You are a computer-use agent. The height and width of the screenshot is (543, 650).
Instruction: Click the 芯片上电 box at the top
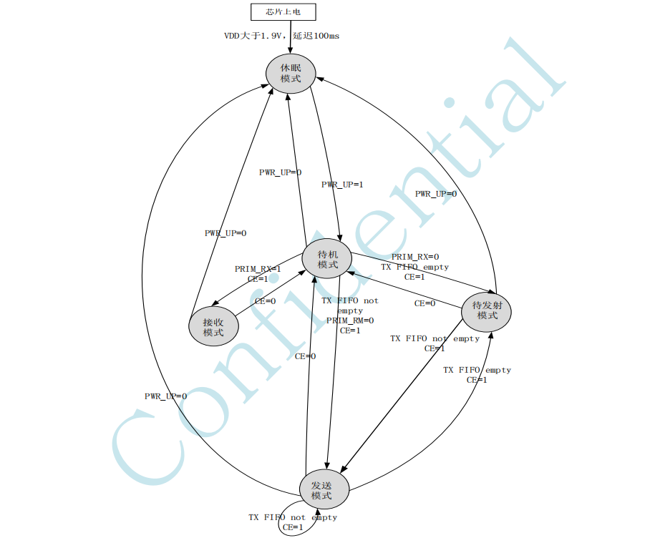283,12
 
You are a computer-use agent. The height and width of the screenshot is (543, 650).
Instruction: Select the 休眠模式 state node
290,73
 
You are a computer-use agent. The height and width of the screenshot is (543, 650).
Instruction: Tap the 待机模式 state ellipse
327,259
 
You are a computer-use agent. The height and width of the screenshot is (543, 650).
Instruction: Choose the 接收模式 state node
213,327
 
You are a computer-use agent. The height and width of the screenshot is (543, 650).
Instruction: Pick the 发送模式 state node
324,490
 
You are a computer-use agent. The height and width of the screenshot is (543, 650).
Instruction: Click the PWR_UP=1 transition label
342,185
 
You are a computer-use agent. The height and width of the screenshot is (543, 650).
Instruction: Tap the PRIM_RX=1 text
258,269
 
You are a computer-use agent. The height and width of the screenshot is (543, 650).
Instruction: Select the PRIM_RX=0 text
415,257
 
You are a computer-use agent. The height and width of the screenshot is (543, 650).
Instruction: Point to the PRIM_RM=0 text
350,321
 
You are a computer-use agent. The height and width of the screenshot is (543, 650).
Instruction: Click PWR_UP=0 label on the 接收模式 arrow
225,233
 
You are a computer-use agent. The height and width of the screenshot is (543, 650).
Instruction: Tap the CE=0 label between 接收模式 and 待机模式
265,301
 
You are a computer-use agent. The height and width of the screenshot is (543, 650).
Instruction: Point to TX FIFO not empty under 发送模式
293,517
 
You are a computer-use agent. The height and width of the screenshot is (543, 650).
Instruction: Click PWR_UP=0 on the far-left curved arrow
165,396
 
